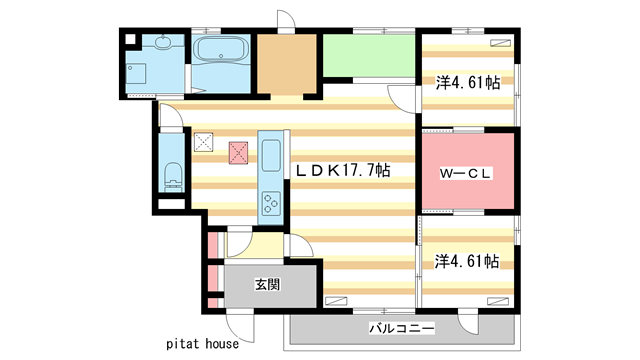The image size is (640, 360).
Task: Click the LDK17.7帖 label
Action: [x=341, y=171]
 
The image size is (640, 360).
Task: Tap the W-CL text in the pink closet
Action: [x=465, y=171]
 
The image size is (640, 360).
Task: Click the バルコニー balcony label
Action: [x=400, y=328]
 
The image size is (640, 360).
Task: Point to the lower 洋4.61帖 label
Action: [x=466, y=261]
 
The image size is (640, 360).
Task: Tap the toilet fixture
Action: [x=170, y=176]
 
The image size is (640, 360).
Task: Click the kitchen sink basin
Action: [x=272, y=156]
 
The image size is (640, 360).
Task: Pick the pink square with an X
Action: [x=239, y=152]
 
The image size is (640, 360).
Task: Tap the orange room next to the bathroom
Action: [x=287, y=63]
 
